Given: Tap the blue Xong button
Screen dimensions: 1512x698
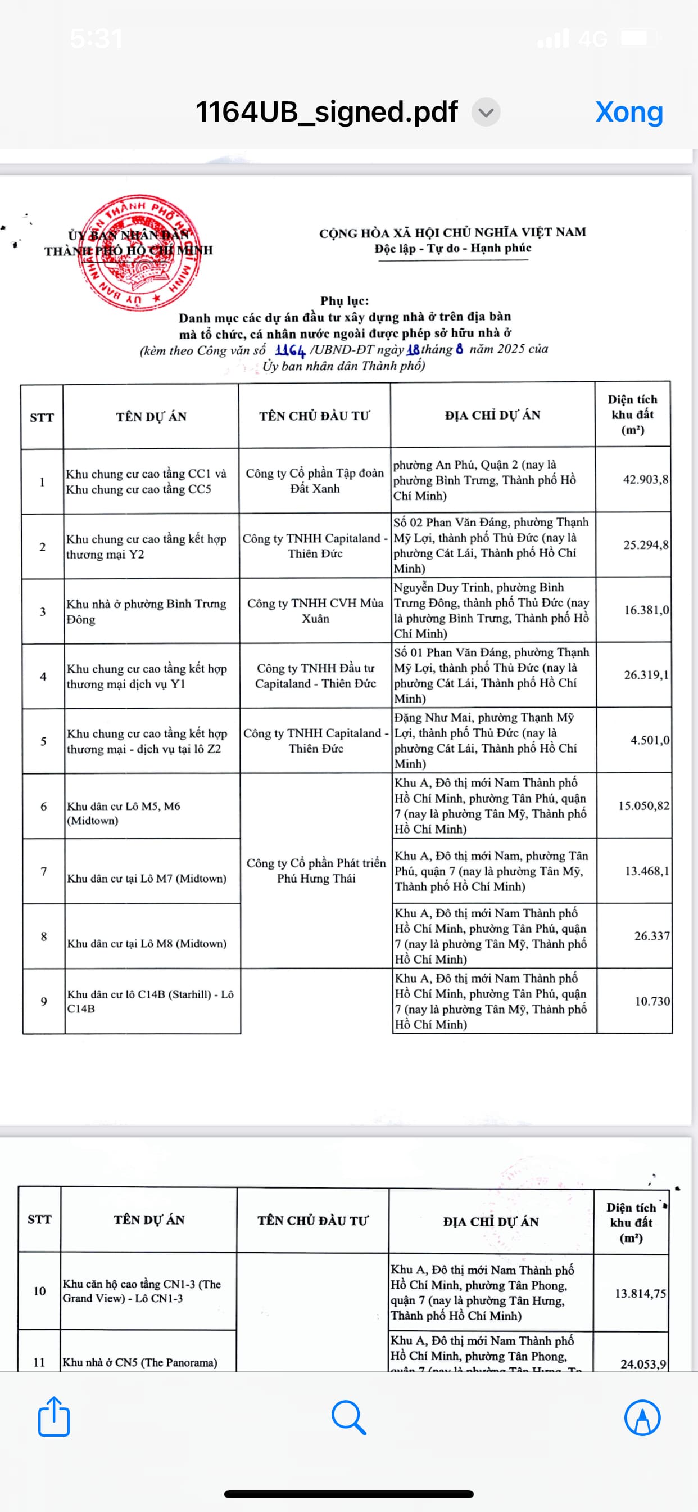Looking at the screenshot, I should (629, 111).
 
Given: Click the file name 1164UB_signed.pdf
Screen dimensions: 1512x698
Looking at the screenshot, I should (326, 111).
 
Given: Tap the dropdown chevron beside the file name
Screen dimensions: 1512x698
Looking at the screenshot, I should (486, 112).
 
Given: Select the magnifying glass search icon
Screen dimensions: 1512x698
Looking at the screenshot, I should (349, 1417).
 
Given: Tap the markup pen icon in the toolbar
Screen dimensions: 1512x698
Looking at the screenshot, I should (642, 1417).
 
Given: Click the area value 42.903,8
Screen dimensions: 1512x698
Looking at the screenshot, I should (645, 480).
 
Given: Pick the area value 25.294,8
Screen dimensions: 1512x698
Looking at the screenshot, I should (645, 544).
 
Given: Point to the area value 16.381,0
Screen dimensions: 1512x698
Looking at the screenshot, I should (646, 610).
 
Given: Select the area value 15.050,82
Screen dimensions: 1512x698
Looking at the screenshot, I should (643, 806).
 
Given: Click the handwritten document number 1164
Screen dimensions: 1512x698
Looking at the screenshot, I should (290, 351).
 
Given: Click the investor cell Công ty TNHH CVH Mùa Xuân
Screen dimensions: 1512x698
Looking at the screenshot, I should (315, 610).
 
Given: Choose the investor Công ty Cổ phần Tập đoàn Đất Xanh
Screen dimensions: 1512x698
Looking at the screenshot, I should (314, 481).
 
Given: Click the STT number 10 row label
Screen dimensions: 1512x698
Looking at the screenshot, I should (39, 1291).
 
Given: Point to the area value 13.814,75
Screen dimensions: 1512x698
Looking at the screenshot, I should (640, 1293).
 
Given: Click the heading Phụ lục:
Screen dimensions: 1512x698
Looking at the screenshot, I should (345, 300).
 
